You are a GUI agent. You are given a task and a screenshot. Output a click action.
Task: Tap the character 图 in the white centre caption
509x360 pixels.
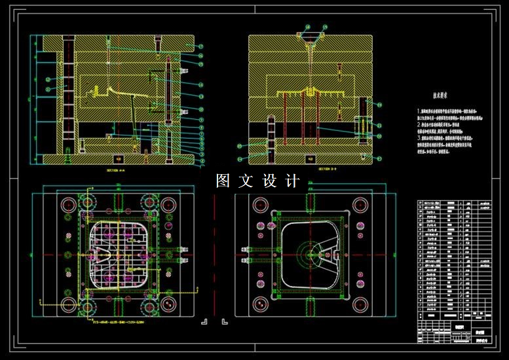click(224, 181)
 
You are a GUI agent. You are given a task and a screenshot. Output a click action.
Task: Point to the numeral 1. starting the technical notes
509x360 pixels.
click(420, 113)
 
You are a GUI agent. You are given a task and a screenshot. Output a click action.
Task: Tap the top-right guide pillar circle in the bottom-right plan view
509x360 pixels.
click(360, 203)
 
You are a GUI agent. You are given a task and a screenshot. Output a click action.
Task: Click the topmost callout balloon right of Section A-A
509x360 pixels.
click(200, 46)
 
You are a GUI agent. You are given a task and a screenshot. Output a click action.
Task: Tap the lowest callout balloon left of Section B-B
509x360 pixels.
click(240, 158)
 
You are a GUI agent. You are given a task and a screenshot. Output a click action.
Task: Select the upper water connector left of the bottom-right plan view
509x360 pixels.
click(248, 249)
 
